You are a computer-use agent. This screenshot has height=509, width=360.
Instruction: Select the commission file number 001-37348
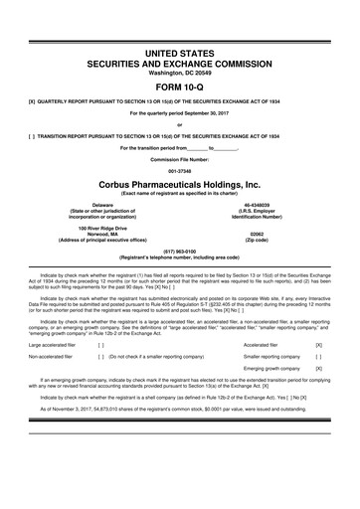point(180,168)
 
